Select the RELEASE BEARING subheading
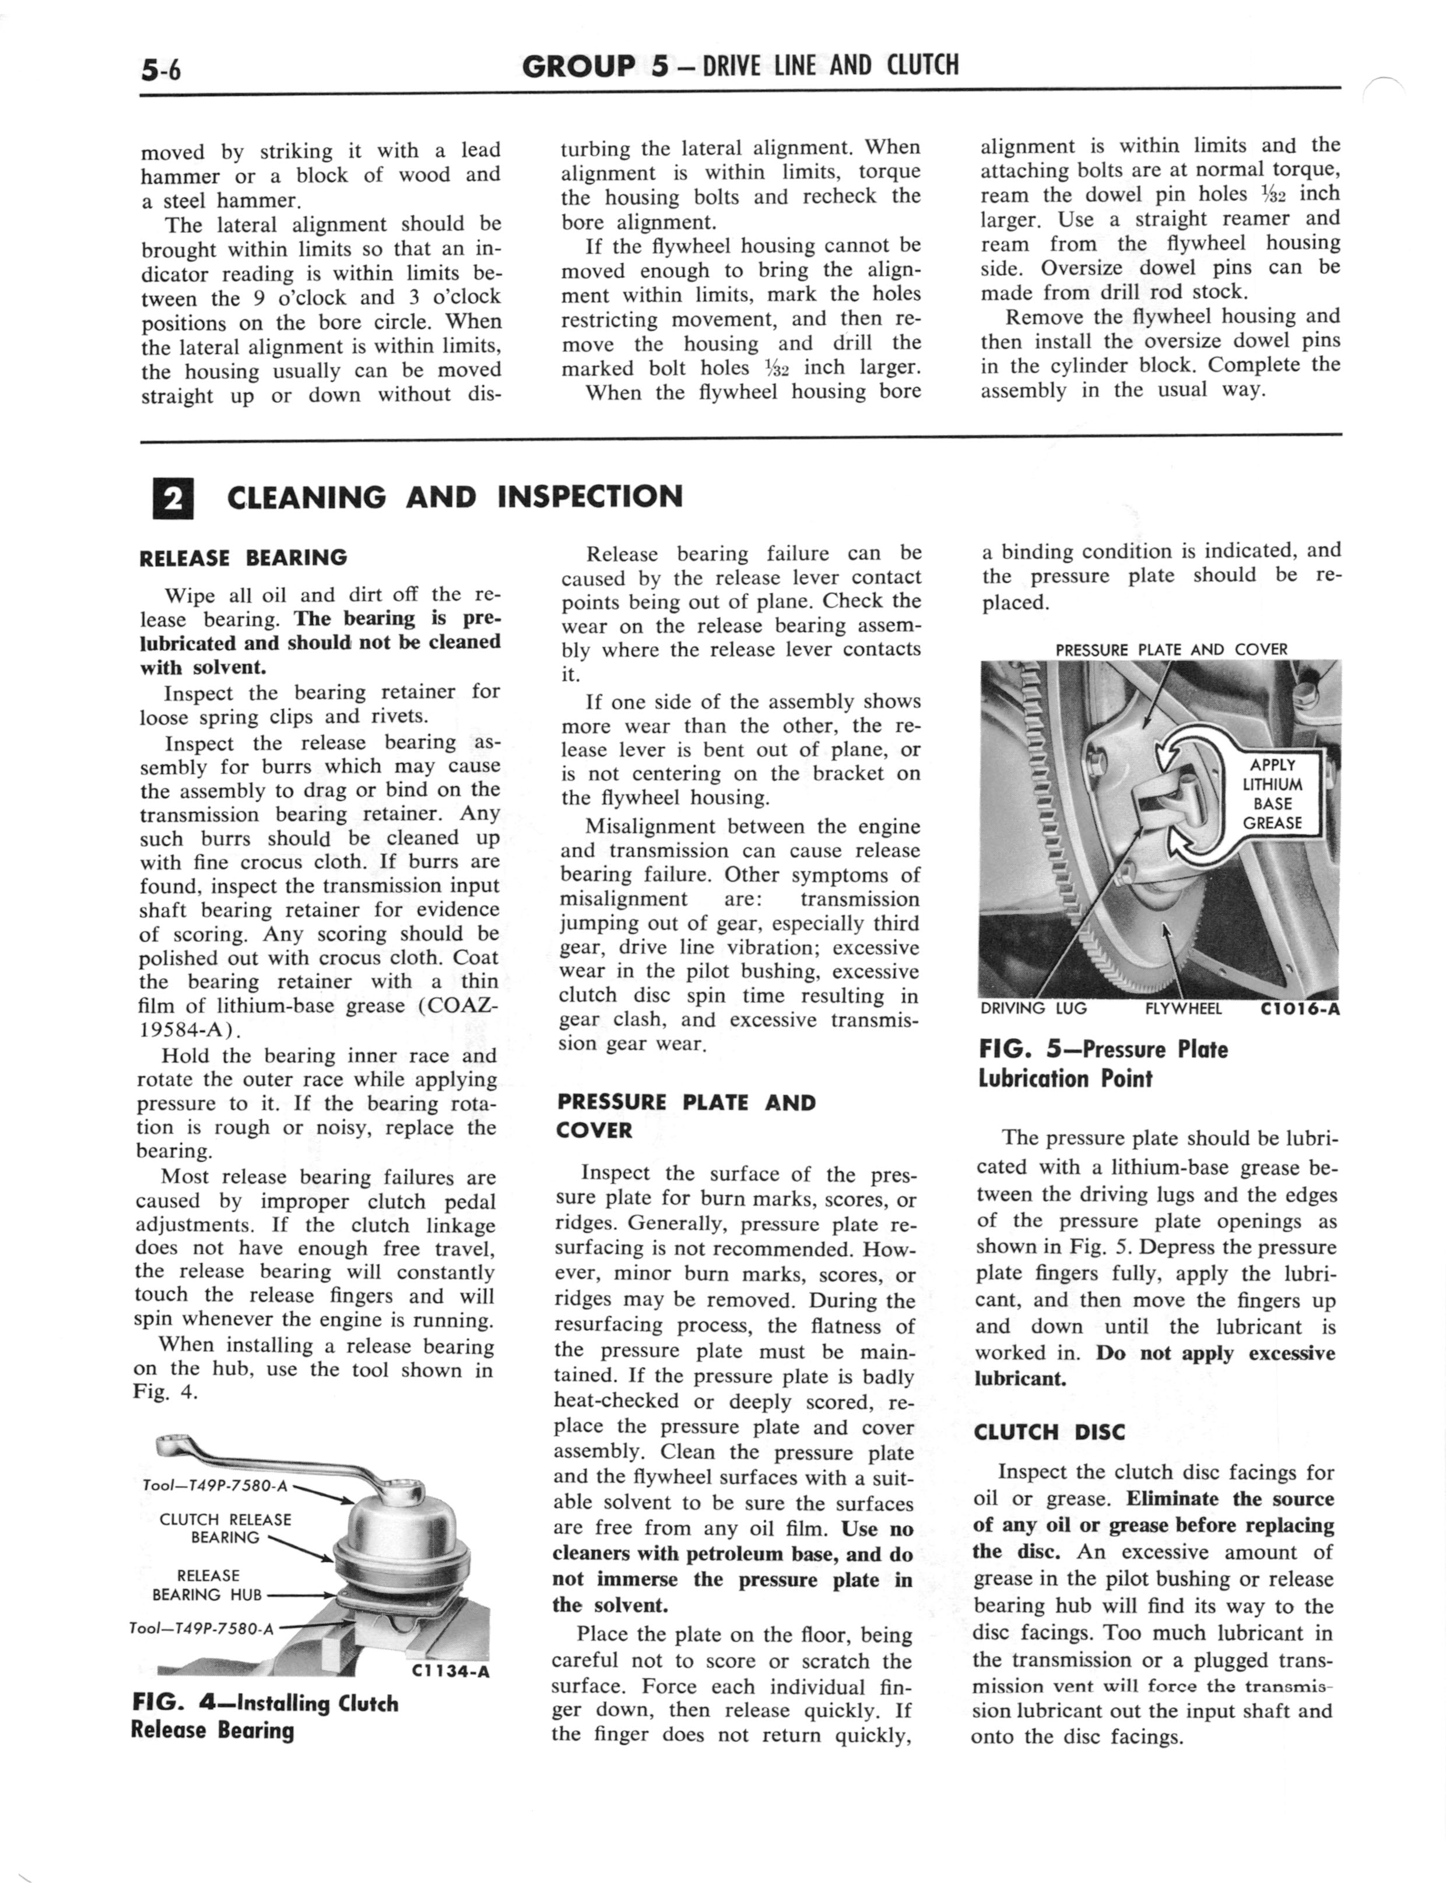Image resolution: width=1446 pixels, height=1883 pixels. pyautogui.click(x=243, y=557)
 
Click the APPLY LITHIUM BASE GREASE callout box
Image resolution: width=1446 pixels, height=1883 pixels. pyautogui.click(x=1272, y=794)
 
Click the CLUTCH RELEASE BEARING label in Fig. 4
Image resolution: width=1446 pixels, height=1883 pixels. pyautogui.click(x=226, y=1528)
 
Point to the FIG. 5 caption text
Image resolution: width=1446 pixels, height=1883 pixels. pyautogui.click(x=1103, y=1064)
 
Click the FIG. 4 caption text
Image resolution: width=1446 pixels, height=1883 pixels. pyautogui.click(x=265, y=1716)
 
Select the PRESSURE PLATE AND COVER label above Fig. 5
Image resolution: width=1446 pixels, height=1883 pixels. pyautogui.click(x=1171, y=650)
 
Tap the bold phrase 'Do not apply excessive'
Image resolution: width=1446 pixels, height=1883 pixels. pyautogui.click(x=1215, y=1353)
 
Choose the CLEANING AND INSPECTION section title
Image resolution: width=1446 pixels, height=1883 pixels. pyautogui.click(x=454, y=497)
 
